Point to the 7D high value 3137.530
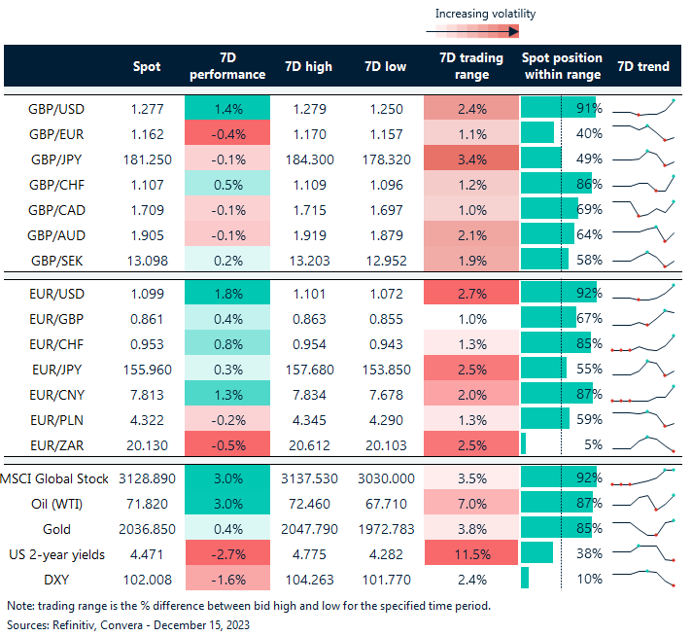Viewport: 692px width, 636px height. click(x=308, y=479)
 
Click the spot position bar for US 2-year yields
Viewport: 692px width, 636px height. click(x=537, y=552)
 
